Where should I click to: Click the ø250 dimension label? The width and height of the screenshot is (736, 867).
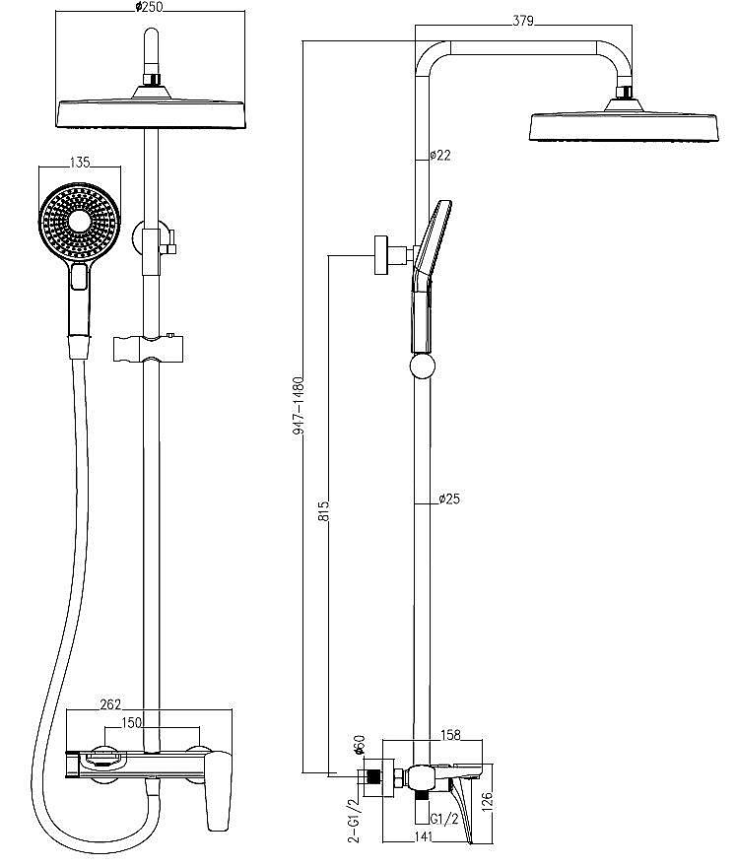150,7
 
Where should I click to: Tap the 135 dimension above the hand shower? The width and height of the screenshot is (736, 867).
80,162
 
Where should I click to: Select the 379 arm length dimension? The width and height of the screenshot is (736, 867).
522,21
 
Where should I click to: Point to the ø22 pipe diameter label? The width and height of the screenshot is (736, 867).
440,156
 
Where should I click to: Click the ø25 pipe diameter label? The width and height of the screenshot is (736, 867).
449,499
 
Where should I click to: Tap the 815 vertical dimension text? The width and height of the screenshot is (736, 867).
323,511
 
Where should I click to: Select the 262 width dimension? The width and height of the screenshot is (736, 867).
110,704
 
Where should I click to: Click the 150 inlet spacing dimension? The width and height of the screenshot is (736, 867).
132,723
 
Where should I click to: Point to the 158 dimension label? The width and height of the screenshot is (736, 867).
450,735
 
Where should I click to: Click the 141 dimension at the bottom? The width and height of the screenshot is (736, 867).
423,836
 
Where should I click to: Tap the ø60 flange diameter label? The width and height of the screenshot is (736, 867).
360,746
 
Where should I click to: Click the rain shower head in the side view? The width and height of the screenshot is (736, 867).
624,120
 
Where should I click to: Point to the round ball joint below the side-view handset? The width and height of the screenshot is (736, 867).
423,367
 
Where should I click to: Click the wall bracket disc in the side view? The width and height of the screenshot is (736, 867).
381,254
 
